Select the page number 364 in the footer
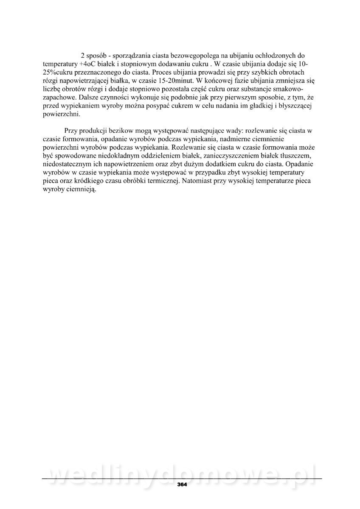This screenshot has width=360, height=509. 182,484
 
